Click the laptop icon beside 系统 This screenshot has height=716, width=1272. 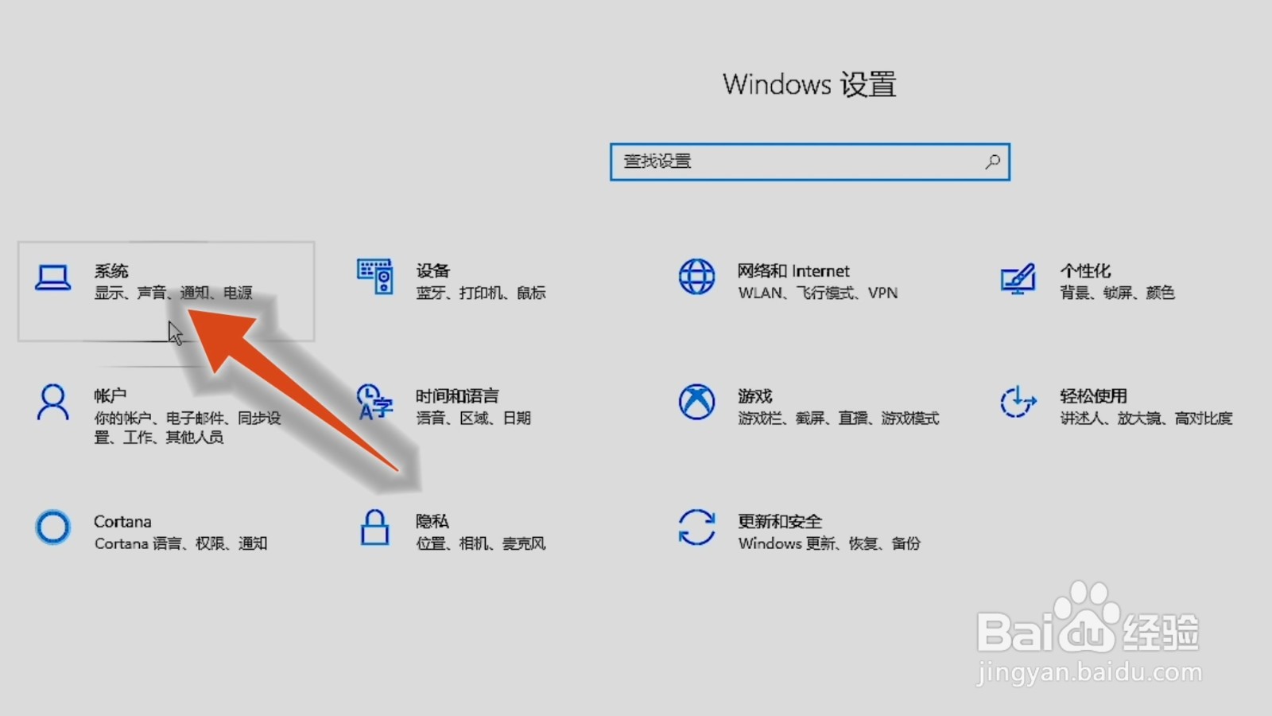[53, 278]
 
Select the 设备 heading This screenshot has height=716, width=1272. [432, 270]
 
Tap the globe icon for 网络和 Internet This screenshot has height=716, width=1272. [696, 277]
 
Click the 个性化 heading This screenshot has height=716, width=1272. [1084, 270]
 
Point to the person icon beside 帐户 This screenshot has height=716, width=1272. [53, 403]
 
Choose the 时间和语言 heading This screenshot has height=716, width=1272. [457, 395]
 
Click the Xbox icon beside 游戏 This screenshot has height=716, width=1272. [696, 402]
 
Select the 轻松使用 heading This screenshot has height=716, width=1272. [1093, 395]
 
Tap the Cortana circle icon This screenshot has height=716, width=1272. [53, 527]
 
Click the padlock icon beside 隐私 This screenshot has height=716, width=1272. [374, 527]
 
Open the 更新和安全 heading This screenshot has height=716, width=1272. [779, 521]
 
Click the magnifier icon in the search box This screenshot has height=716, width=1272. [992, 161]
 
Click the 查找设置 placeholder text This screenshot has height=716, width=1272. [657, 161]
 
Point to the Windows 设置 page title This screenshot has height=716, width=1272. [809, 84]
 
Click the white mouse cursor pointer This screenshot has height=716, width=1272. [175, 333]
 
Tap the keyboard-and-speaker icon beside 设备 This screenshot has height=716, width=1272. [374, 277]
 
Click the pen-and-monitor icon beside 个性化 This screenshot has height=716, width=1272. [1018, 278]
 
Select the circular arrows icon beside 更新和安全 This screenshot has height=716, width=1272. [696, 527]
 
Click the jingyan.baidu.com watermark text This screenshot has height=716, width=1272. [1089, 673]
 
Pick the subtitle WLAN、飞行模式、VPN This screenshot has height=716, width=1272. [817, 293]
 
